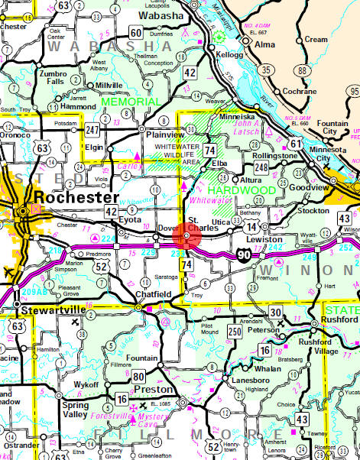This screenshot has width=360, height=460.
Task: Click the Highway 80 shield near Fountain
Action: click(138, 376)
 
